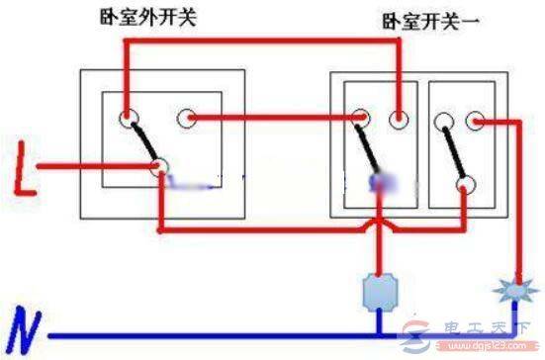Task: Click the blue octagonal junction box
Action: point(381,292)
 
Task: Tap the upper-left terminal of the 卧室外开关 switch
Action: point(128,120)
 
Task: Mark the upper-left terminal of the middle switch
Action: point(358,120)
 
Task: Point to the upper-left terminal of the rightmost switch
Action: point(442,121)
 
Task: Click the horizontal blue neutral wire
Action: point(247,334)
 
